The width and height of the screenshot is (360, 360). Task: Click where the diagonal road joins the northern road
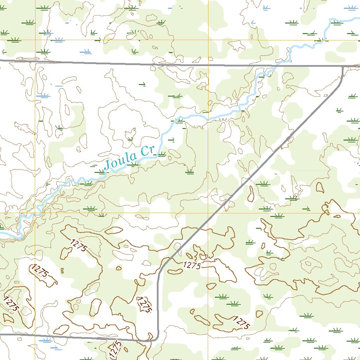(x=342, y=66)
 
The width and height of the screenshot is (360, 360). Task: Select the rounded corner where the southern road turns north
(x=155, y=338)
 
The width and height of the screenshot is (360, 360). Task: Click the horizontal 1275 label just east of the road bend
(x=192, y=266)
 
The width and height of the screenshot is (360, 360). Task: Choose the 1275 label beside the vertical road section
(x=144, y=305)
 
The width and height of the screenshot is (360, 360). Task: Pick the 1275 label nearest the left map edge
(x=11, y=303)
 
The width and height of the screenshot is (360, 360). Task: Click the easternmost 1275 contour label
(x=242, y=323)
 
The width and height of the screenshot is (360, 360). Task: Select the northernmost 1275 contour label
(x=78, y=245)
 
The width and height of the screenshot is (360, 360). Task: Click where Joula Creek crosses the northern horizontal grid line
(x=321, y=40)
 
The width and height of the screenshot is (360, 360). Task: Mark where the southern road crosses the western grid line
(x=35, y=335)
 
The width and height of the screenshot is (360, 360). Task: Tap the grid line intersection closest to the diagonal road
(x=208, y=213)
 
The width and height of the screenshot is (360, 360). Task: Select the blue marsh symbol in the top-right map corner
(x=350, y=7)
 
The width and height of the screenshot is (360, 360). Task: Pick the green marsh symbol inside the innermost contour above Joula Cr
(x=130, y=139)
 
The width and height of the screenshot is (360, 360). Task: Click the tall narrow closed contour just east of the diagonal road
(x=251, y=194)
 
